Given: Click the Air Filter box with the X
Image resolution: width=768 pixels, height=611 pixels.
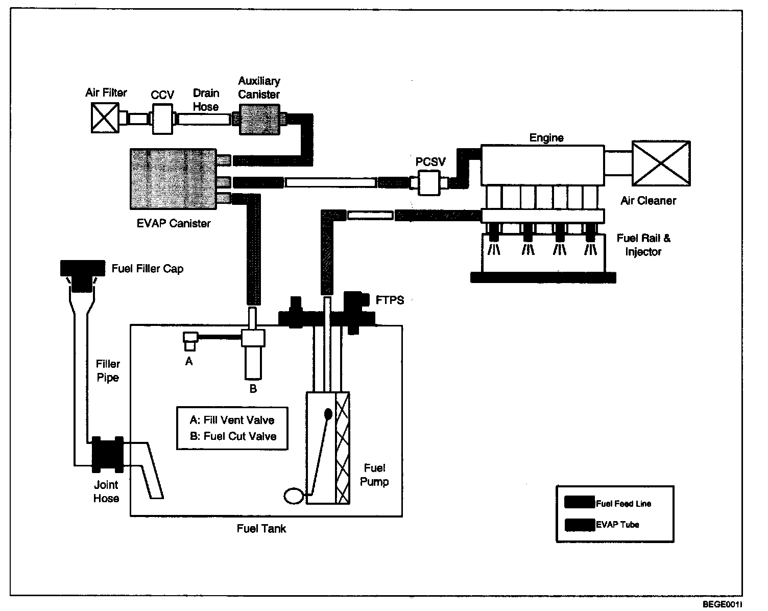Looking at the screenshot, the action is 105,118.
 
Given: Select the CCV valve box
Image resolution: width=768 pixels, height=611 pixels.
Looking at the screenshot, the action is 163,119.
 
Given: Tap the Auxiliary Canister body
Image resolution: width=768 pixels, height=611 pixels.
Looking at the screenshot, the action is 259,120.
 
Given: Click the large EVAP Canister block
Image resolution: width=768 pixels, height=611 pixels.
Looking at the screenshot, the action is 174,179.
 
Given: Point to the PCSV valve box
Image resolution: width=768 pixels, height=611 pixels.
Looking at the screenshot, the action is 428,183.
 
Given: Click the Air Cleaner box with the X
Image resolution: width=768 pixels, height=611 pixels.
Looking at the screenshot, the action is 661,163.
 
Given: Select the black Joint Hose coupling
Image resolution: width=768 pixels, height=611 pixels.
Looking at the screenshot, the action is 108,455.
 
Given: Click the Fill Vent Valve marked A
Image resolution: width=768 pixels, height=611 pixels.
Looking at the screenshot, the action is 190,342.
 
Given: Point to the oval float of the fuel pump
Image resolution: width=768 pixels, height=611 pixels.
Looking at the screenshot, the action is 294,496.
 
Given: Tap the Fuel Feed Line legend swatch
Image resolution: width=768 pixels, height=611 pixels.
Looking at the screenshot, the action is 580,502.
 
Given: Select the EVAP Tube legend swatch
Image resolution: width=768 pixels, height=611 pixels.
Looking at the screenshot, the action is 580,525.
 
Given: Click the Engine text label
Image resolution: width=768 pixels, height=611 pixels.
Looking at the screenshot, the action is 546,138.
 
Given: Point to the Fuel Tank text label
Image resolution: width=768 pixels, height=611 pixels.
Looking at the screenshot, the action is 261,529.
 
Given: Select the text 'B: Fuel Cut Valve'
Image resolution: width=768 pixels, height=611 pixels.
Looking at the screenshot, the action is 233,436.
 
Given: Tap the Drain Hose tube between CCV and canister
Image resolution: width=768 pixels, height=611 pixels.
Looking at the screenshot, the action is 204,119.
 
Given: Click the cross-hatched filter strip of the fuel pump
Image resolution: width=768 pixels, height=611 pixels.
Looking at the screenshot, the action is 343,448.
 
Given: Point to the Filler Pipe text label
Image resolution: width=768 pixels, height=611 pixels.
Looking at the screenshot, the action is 108,371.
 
